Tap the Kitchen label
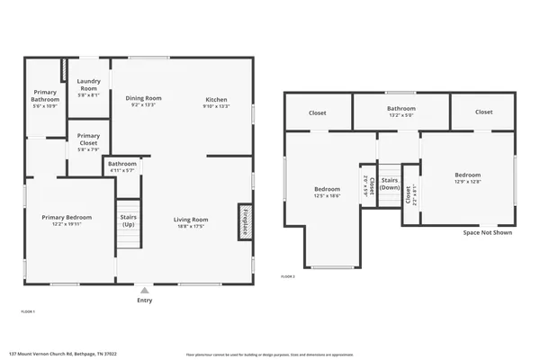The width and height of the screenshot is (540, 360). (216, 101)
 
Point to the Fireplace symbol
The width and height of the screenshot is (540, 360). (243, 220)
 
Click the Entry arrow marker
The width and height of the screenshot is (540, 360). (144, 290)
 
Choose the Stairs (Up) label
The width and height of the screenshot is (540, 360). (128, 220)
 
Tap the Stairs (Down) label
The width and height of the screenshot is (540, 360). (390, 184)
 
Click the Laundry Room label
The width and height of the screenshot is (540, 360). (88, 85)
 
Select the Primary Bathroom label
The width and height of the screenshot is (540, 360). (45, 96)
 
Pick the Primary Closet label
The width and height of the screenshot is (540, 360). (88, 139)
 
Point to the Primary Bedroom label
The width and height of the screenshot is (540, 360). (67, 220)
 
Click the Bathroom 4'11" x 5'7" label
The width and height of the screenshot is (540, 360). (121, 166)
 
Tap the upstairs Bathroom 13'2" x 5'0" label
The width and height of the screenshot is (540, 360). (400, 111)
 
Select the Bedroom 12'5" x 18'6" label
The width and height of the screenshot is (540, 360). (327, 192)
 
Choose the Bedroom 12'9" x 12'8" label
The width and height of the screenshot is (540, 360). (467, 177)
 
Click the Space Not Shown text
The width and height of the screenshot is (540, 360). (487, 232)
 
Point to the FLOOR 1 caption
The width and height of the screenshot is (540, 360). (28, 310)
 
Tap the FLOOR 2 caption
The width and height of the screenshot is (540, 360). (288, 275)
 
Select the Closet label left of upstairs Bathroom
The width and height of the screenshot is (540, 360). (317, 113)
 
